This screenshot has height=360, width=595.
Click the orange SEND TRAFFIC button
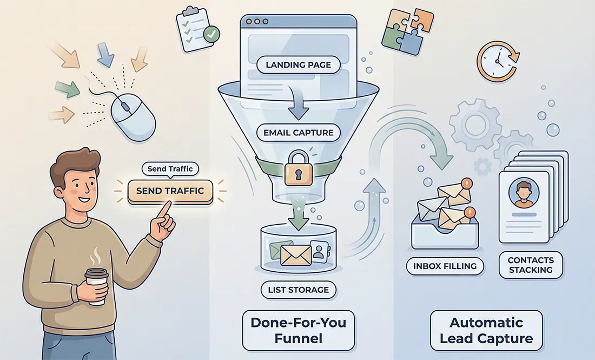(170, 191)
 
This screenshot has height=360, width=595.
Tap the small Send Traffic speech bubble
(170, 168)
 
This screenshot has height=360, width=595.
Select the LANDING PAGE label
(298, 64)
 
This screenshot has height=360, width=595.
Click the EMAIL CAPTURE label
(298, 133)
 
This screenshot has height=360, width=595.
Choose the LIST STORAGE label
(298, 290)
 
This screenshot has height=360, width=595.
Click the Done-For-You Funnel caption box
(298, 330)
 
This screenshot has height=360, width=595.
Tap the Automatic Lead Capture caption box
(486, 330)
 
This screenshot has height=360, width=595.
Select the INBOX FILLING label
(445, 266)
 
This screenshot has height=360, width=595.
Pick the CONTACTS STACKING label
(531, 265)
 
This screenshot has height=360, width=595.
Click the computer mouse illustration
(133, 117)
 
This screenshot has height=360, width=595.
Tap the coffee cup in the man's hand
(96, 286)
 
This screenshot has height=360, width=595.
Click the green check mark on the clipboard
(211, 34)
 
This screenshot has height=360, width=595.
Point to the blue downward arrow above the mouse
(105, 55)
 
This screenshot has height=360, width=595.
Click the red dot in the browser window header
(249, 22)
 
